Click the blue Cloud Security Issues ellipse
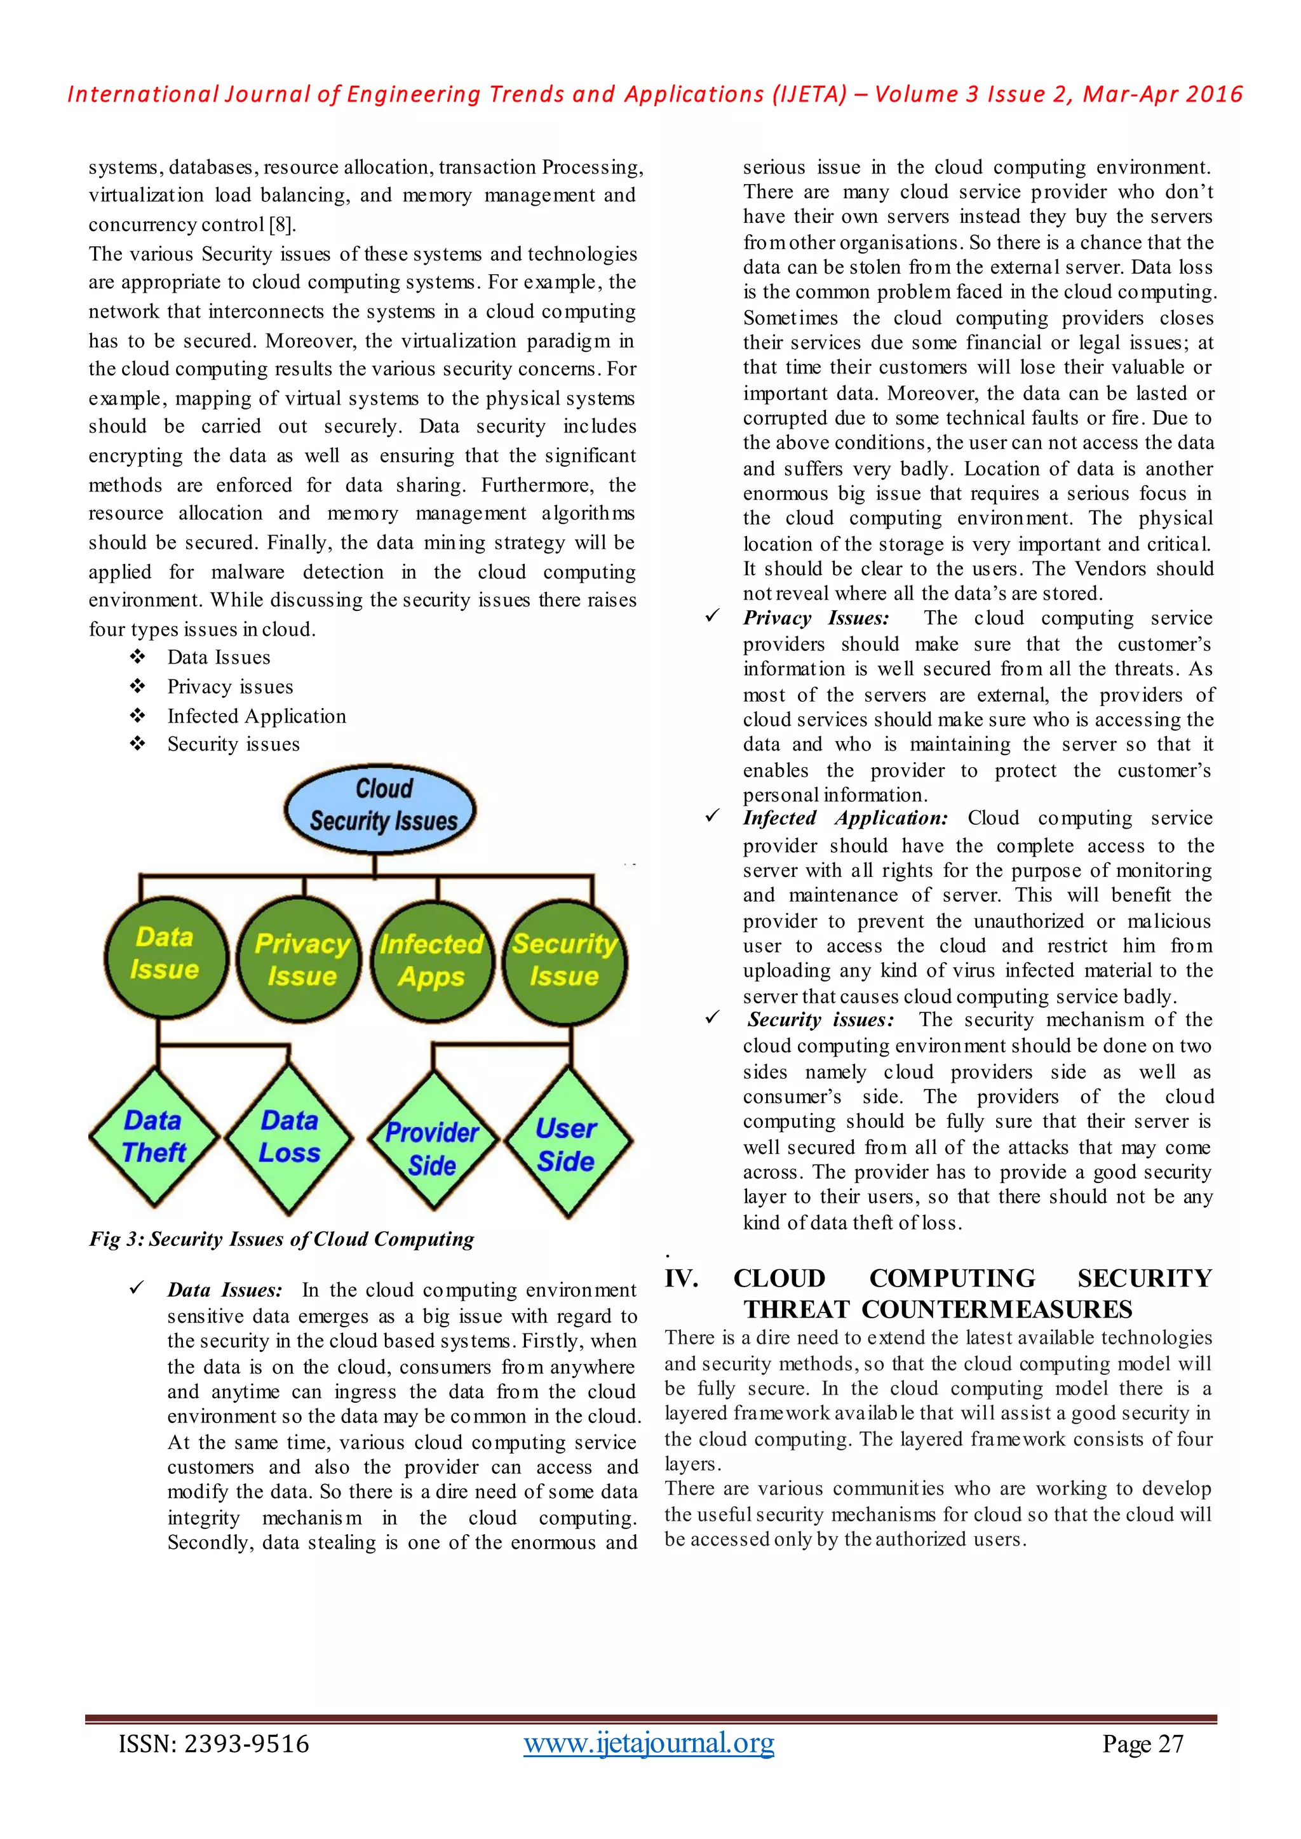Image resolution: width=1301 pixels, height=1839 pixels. pos(381,807)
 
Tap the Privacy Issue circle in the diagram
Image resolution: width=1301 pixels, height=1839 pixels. pos(301,960)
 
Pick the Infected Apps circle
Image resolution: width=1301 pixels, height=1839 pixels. pos(433,961)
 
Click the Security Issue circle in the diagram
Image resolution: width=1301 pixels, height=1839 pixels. pos(565,961)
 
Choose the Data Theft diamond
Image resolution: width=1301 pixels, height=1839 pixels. pos(153,1137)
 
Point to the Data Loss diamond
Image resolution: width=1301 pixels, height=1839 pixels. pos(289,1137)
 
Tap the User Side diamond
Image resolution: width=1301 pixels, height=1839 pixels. pos(567,1144)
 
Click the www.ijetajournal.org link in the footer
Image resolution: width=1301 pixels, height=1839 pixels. pos(649,1743)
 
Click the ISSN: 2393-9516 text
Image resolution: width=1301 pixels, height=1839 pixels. pos(213,1744)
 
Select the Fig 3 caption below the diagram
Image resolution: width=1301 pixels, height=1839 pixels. pos(281,1239)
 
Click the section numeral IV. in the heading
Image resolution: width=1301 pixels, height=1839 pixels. pos(681,1278)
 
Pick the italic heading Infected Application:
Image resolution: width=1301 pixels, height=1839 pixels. pos(844,819)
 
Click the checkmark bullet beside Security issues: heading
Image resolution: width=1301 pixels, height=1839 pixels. pos(712,1018)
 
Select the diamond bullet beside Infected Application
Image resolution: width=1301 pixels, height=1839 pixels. pos(138,715)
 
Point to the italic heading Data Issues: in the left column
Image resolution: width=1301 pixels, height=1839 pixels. pos(224,1290)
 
